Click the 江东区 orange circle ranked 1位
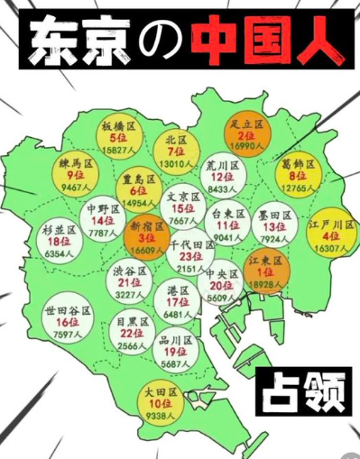(265, 270)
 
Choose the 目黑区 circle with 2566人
(133, 331)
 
